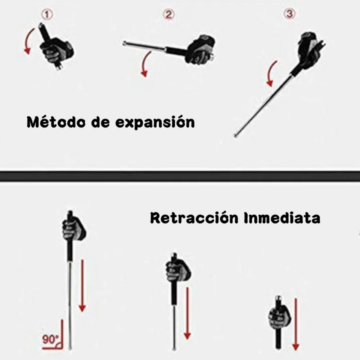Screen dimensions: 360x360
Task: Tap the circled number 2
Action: pos(169,14)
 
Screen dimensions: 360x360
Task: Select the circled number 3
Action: pos(289,14)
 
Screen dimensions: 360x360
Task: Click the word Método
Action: pos(56,121)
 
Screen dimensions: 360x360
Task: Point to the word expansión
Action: pos(155,122)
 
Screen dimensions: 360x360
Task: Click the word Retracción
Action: pos(194,217)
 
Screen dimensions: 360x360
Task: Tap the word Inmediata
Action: pos(282,217)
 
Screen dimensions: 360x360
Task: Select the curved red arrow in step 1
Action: pos(27,41)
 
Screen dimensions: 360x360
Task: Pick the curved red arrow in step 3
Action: pos(270,73)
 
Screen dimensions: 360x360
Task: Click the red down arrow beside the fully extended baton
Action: pos(82,285)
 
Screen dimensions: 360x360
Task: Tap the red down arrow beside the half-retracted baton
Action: pos(187,313)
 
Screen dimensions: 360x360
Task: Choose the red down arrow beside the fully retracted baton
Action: pos(295,324)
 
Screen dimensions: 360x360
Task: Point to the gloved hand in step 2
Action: pos(201,50)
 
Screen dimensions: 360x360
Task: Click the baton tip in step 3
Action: pos(235,135)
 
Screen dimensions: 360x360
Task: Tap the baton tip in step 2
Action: pos(124,43)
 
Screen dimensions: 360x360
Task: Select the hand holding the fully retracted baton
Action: pos(279,317)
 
